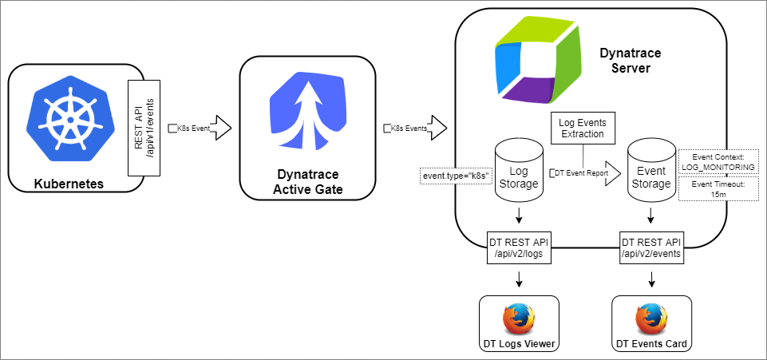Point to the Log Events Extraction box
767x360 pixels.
pos(583,128)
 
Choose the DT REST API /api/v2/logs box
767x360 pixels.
pos(520,248)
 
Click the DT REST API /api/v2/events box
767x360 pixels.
pos(651,248)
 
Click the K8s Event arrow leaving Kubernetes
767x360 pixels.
pos(200,128)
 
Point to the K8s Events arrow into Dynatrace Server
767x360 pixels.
pos(415,128)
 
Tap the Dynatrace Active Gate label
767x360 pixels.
pos(307,181)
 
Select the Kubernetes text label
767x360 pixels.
pos(69,184)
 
